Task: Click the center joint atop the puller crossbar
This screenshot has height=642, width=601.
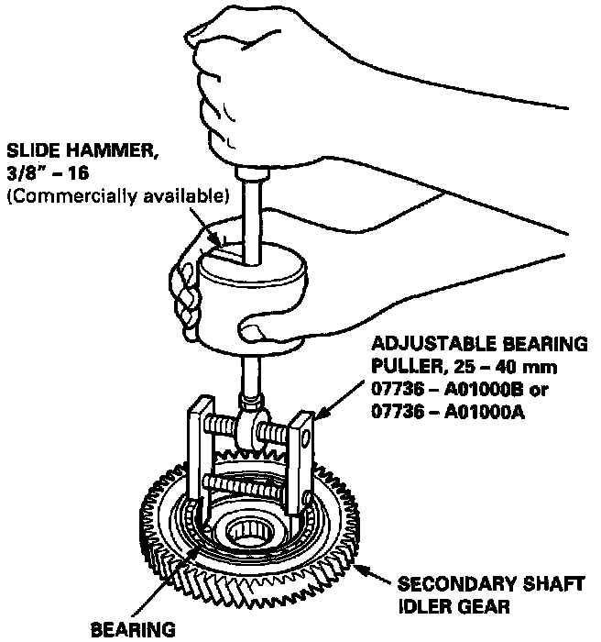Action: (249, 429)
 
